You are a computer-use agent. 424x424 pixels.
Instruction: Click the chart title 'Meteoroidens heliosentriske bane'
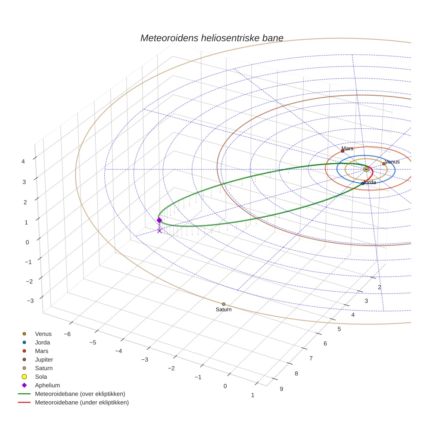pyautogui.click(x=212, y=38)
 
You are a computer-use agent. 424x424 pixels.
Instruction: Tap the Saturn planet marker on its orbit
pyautogui.click(x=224, y=304)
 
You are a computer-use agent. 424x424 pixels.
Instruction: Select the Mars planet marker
pyautogui.click(x=343, y=151)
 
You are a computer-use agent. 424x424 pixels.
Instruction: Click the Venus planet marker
pyautogui.click(x=384, y=164)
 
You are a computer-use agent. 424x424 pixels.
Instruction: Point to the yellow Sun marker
pyautogui.click(x=366, y=169)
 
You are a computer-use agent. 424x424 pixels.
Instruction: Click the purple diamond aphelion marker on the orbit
pyautogui.click(x=159, y=220)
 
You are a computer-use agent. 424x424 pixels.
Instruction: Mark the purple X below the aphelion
pyautogui.click(x=159, y=231)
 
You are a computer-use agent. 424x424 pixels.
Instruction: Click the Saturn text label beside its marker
pyautogui.click(x=224, y=310)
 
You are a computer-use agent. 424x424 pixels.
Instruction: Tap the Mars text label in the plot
pyautogui.click(x=347, y=148)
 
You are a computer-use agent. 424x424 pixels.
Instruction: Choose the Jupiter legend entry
pyautogui.click(x=44, y=359)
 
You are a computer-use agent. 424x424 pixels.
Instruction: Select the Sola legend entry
pyautogui.click(x=41, y=377)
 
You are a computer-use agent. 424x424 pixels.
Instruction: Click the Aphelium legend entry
pyautogui.click(x=47, y=385)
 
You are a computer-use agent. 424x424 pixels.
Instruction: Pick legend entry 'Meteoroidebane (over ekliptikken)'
pyautogui.click(x=80, y=394)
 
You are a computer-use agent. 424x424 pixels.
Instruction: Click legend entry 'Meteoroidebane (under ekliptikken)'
pyautogui.click(x=82, y=402)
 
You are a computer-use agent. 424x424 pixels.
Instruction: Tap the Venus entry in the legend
pyautogui.click(x=43, y=334)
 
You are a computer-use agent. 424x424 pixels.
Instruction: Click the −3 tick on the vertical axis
pyautogui.click(x=30, y=300)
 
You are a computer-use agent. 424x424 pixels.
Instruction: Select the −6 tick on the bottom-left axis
pyautogui.click(x=67, y=334)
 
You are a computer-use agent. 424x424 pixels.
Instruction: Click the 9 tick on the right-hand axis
pyautogui.click(x=281, y=389)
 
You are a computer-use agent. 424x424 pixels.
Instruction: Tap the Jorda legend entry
pyautogui.click(x=42, y=342)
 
